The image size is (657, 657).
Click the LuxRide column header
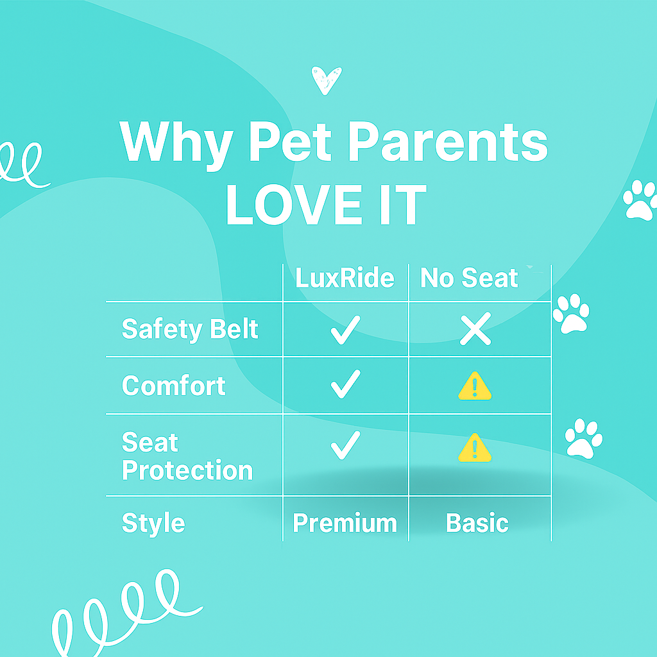tap(345, 278)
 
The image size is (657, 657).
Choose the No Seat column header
tap(469, 278)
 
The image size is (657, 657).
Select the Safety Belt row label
tap(190, 329)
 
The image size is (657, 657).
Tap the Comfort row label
tap(174, 386)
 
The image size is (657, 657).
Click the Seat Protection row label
tap(187, 456)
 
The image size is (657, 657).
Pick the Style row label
tap(153, 523)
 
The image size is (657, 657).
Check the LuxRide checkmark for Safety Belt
tap(345, 330)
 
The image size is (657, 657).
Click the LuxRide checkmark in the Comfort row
tap(345, 386)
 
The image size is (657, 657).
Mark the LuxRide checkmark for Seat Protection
tap(345, 445)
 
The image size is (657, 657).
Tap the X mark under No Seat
tap(475, 330)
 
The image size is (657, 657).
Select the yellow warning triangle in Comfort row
tap(475, 388)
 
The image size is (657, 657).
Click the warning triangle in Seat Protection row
tap(475, 447)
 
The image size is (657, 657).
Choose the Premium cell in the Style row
tap(345, 523)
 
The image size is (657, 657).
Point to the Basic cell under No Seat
tap(477, 523)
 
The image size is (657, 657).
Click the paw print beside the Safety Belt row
tap(570, 314)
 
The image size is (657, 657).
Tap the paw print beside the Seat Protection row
tap(583, 438)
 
